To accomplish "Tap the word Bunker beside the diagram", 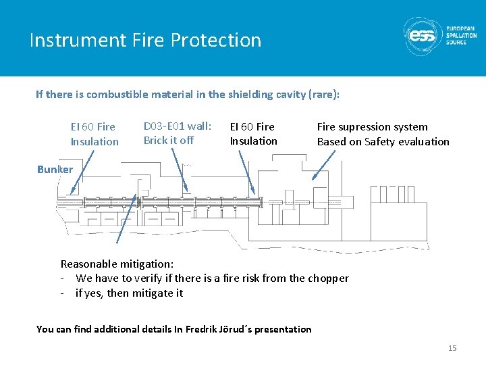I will coord(55,169).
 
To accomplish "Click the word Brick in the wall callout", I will coord(155,141).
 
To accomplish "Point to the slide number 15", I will coord(452,348).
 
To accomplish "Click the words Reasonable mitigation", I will coord(117,264).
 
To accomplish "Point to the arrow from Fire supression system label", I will coord(323,165).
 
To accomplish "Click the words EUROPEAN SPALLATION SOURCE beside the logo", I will coord(461,36).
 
